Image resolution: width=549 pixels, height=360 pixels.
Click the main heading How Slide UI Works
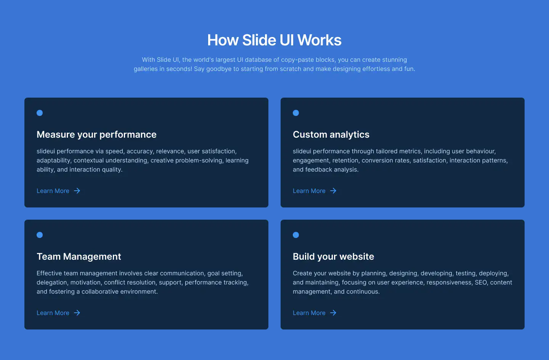pyautogui.click(x=274, y=40)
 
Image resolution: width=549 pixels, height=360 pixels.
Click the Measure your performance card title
pyautogui.click(x=96, y=135)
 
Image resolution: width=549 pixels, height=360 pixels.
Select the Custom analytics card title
pyautogui.click(x=331, y=135)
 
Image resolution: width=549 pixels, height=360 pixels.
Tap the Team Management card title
pyautogui.click(x=79, y=257)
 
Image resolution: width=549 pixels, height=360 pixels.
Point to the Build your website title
pyautogui.click(x=333, y=257)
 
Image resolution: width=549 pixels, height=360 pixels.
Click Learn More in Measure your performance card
pyautogui.click(x=53, y=191)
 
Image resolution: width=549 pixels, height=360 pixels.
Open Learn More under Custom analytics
pyautogui.click(x=309, y=191)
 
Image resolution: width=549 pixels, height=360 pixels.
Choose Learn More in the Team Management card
pyautogui.click(x=53, y=313)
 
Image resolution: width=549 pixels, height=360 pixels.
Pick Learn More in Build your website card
pyautogui.click(x=309, y=313)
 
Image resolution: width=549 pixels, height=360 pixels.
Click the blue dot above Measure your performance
pyautogui.click(x=40, y=113)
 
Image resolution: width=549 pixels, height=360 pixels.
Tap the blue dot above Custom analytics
pyautogui.click(x=296, y=113)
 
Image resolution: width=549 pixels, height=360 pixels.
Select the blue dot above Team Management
pyautogui.click(x=40, y=235)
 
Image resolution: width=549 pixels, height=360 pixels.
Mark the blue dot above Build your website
pyautogui.click(x=296, y=235)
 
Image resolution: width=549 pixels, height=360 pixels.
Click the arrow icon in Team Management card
pyautogui.click(x=77, y=313)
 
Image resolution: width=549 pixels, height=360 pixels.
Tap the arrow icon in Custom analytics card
pyautogui.click(x=333, y=191)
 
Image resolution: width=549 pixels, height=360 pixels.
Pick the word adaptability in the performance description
pyautogui.click(x=53, y=161)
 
